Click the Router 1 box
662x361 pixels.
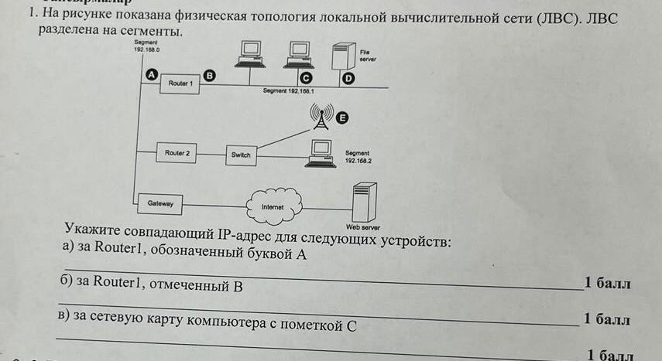179,83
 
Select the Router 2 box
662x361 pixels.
177,154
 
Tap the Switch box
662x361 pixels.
241,155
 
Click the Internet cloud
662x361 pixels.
273,206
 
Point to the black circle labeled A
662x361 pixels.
151,73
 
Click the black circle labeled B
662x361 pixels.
208,74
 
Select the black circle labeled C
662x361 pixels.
306,79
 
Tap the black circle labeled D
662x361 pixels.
348,79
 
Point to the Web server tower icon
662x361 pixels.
364,203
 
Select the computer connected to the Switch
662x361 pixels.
319,152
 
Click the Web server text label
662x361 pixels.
363,228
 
